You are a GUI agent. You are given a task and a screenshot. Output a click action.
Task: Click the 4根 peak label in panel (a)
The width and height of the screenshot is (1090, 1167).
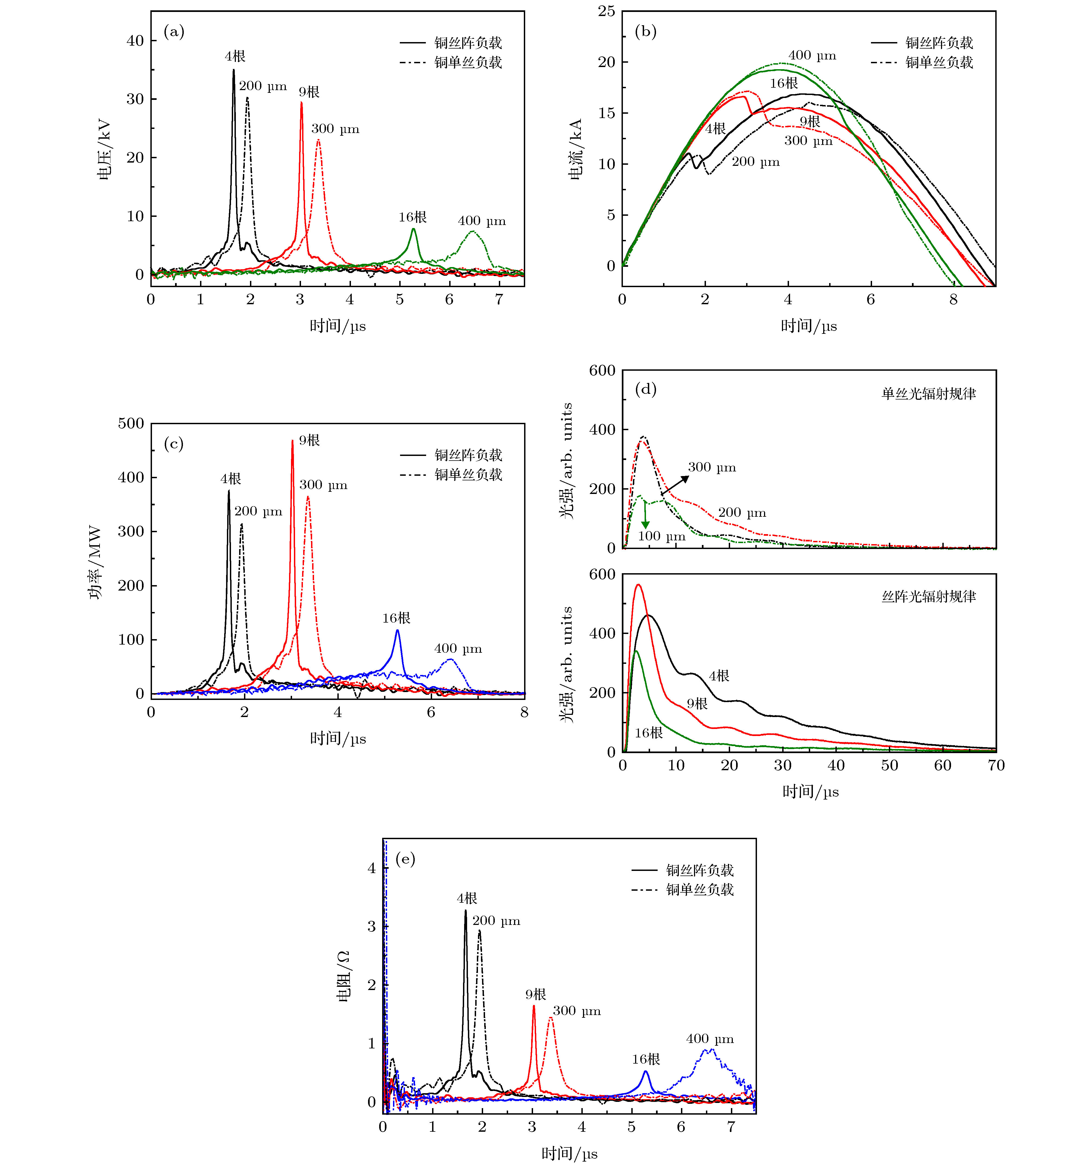pos(235,56)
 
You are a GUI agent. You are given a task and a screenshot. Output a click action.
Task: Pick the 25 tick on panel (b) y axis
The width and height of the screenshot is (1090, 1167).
pos(607,11)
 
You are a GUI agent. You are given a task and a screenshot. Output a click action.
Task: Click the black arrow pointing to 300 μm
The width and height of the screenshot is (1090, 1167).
pos(675,485)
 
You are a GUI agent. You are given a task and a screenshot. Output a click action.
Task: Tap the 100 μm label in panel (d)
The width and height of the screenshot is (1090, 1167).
pos(661,536)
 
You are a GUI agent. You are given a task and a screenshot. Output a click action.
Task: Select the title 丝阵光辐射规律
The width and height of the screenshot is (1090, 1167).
pos(929,597)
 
